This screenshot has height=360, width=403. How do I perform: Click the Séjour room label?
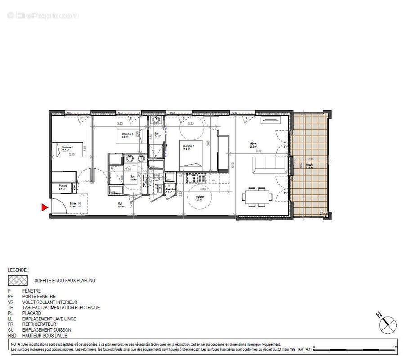(x=254, y=144)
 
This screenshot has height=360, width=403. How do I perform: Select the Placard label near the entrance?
(x=63, y=186)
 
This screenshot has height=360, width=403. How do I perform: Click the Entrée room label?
(x=60, y=204)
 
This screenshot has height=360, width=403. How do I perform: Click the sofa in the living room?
(x=270, y=165)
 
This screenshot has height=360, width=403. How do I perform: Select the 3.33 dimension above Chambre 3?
(x=120, y=123)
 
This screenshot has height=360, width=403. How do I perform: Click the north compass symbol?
(x=385, y=323)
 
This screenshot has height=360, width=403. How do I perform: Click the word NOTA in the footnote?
(x=16, y=344)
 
